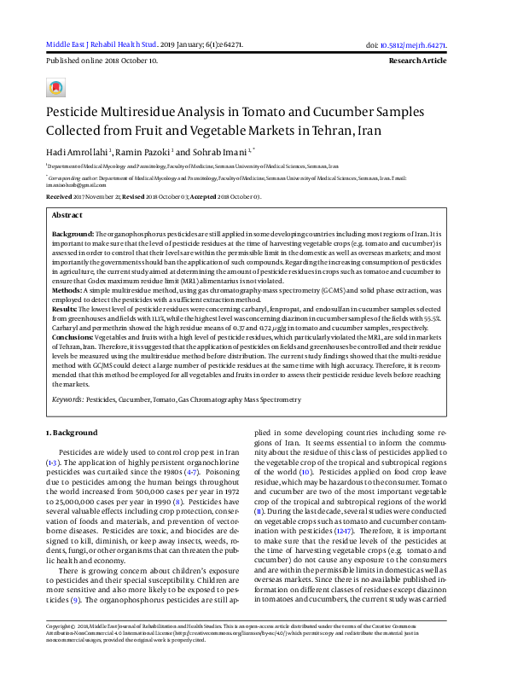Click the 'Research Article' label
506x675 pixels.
417,61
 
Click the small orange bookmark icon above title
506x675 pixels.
55,88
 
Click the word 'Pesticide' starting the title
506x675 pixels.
75,113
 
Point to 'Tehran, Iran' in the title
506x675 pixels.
347,131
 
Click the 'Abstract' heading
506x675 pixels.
67,216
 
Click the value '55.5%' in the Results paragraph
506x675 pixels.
450,316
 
